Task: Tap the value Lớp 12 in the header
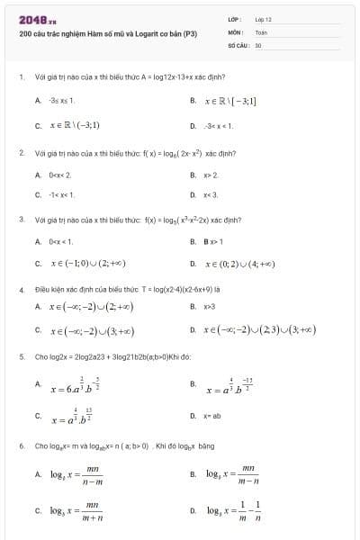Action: pyautogui.click(x=263, y=19)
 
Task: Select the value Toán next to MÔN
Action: pyautogui.click(x=261, y=31)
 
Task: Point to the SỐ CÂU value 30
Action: pyautogui.click(x=258, y=43)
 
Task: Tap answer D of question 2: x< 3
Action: pyautogui.click(x=212, y=193)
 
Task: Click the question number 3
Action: pyautogui.click(x=22, y=219)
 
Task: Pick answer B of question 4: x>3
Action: pyautogui.click(x=211, y=307)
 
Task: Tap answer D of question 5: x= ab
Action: pyautogui.click(x=213, y=416)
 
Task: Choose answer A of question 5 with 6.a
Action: pyautogui.click(x=77, y=386)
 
